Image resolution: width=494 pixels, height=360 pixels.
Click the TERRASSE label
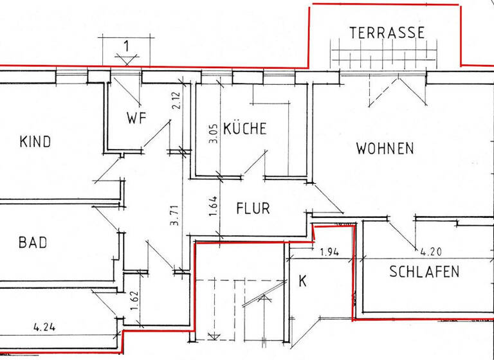pos(387,32)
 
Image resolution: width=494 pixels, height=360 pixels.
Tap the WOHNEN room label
pos(385,148)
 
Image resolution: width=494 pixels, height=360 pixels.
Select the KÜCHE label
pos(245,129)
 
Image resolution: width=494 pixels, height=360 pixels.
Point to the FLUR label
pos(253,208)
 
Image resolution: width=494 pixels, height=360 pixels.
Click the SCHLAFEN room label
pos(425,271)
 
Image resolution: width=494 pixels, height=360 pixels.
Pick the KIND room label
pos(35,141)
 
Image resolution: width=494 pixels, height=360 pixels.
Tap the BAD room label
pos(33,242)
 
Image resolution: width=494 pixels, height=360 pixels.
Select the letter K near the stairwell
pos(302,281)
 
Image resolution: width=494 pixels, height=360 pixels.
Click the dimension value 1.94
pos(329,251)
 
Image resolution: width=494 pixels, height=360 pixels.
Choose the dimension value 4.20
pos(432,251)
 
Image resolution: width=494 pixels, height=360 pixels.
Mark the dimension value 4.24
pos(45,326)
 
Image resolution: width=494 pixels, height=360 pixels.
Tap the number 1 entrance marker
pos(127,46)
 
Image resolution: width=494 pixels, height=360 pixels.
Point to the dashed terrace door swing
pos(385,90)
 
